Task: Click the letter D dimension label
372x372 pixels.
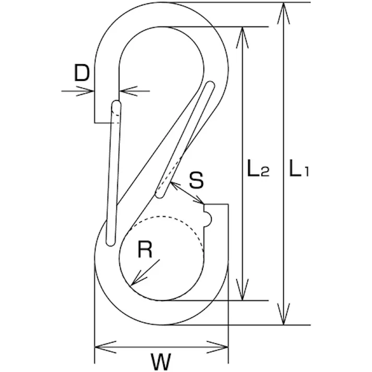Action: [82, 74]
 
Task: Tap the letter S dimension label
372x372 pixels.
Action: [196, 181]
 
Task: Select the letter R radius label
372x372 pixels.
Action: [145, 251]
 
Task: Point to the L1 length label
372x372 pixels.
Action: [299, 170]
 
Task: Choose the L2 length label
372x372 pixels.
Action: [258, 170]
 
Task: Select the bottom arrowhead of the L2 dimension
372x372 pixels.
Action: [243, 294]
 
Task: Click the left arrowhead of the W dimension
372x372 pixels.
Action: [101, 346]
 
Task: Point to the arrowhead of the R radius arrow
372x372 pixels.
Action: [134, 282]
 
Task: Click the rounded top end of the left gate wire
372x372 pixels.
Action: [116, 105]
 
